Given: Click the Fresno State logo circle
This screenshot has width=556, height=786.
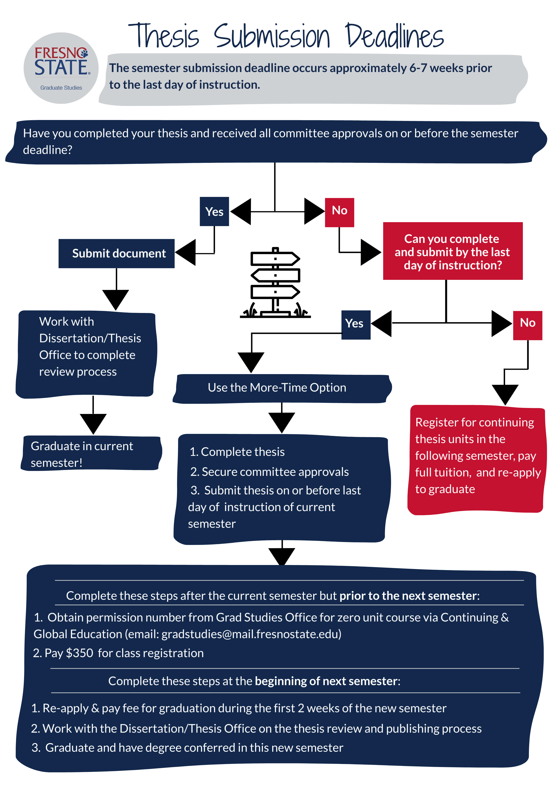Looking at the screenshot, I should tap(61, 68).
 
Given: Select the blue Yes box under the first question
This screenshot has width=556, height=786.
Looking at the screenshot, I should tap(214, 211).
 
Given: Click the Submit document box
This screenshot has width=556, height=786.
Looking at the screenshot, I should tap(116, 254).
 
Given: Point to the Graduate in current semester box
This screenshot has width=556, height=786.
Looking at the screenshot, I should tap(91, 454).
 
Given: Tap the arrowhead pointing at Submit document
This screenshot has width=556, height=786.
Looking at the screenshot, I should tap(186, 253).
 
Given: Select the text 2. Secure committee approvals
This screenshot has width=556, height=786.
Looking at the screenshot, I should tap(269, 472).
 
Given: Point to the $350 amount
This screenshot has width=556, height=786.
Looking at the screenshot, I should tap(79, 653).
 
